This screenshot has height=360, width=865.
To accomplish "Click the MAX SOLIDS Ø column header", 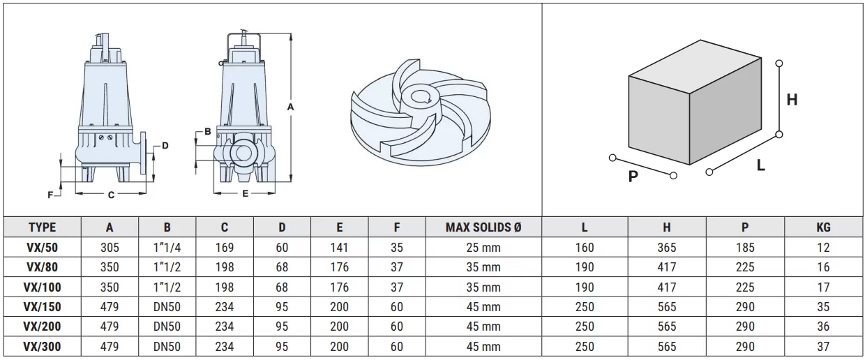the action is pos(483,227).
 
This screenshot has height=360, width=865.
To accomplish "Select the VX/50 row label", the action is pos(42,247).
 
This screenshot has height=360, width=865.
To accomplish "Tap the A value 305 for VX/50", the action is pos(110,247).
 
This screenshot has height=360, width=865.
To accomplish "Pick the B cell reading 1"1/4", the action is pos(167,247).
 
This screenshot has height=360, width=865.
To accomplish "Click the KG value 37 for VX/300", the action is pos(823,347).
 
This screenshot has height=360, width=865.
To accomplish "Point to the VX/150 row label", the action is pos(42,307).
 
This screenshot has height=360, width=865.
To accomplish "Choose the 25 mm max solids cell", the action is pos(483,247).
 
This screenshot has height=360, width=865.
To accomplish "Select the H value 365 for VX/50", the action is pos(667,247).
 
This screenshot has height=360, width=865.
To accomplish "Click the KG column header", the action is pos(823,227).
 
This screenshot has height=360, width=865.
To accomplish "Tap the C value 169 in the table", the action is pos(225,247).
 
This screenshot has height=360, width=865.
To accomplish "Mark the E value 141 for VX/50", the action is pos(340,247).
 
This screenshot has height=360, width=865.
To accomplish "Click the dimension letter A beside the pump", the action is pos(290,107).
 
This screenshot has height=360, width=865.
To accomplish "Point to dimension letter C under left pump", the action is pos(111,195).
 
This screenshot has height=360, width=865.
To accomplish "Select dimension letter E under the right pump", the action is pos(246,193).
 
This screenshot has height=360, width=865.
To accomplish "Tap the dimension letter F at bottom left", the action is pos(50,195).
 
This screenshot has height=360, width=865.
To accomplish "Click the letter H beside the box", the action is pos(792,100).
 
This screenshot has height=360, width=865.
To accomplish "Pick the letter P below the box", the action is pos(633,177).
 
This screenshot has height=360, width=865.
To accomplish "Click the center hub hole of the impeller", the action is pos(421,97).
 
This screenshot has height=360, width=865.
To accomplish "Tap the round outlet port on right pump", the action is pos(243,153).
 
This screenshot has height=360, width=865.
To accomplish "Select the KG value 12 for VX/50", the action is pos(823,247).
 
